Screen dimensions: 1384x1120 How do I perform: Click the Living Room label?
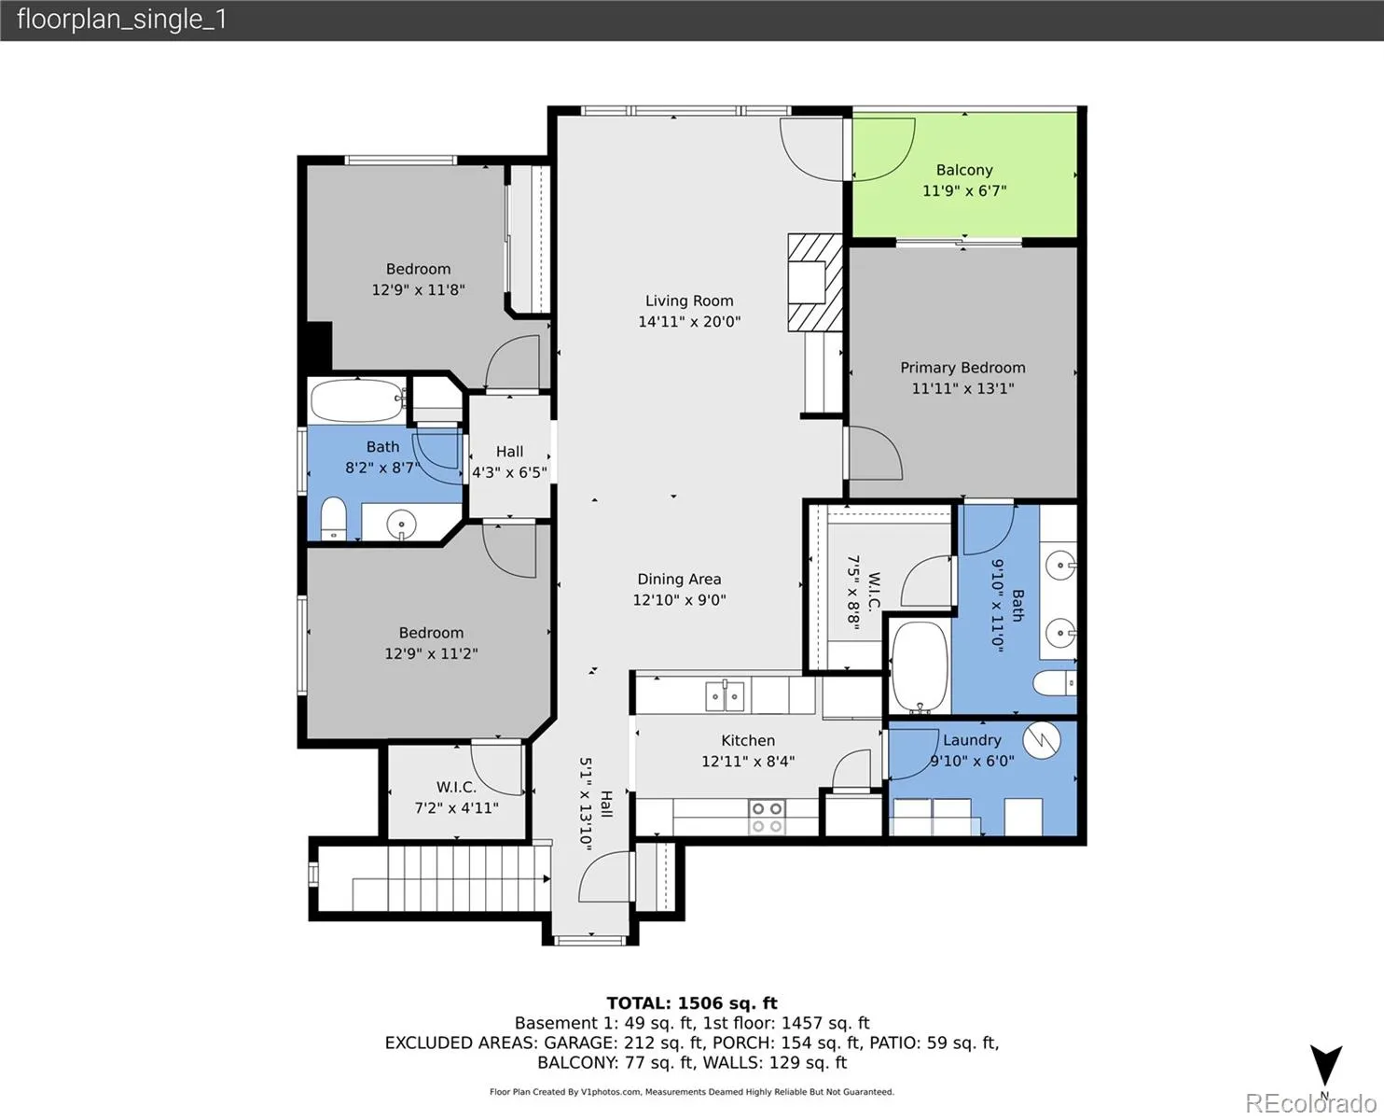coord(689,301)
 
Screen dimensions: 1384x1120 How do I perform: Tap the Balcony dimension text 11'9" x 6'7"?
coord(964,190)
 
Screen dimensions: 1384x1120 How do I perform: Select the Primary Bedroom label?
coord(963,367)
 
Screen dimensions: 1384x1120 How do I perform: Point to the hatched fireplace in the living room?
coord(815,282)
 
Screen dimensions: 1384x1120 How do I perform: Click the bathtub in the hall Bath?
coord(357,400)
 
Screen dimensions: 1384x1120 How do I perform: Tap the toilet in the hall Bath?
coord(334,518)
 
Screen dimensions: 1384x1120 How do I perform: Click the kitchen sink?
coord(726,695)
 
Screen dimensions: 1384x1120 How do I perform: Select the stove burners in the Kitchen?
coord(768,817)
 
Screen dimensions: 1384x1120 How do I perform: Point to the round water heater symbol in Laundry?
coord(1042,740)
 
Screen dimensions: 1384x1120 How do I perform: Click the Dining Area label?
coord(679,580)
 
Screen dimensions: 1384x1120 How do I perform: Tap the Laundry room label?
coord(972,740)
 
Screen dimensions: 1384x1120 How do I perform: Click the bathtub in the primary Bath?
coord(920,666)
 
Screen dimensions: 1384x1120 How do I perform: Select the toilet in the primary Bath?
coord(1055,683)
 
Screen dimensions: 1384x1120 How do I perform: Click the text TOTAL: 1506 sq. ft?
coord(692,1003)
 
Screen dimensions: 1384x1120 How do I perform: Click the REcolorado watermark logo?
coord(1310,1102)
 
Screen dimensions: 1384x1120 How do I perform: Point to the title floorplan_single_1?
coord(122,21)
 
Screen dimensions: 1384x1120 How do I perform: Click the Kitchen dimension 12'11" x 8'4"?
coord(748,762)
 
